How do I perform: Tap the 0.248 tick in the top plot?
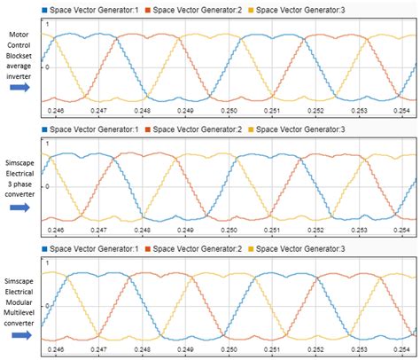(143, 113)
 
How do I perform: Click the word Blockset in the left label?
(19, 55)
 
